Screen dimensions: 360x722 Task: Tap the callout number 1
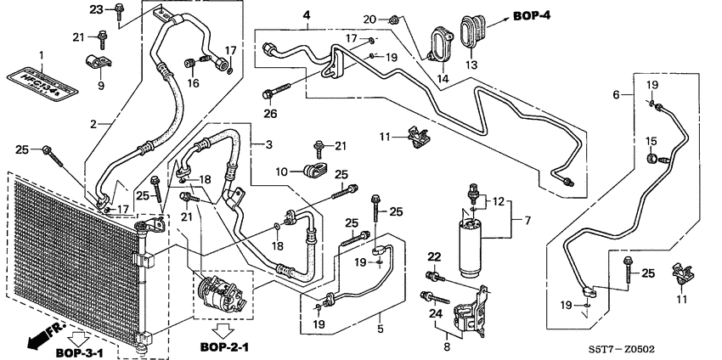click(40, 54)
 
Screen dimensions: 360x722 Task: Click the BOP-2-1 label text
click(225, 346)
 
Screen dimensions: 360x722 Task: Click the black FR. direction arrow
click(42, 339)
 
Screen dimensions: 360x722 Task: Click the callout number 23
click(96, 10)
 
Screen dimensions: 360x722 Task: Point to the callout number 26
click(270, 113)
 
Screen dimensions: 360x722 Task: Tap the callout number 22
click(434, 257)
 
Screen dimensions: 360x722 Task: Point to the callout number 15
click(653, 141)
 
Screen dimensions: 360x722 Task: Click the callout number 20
click(369, 20)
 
